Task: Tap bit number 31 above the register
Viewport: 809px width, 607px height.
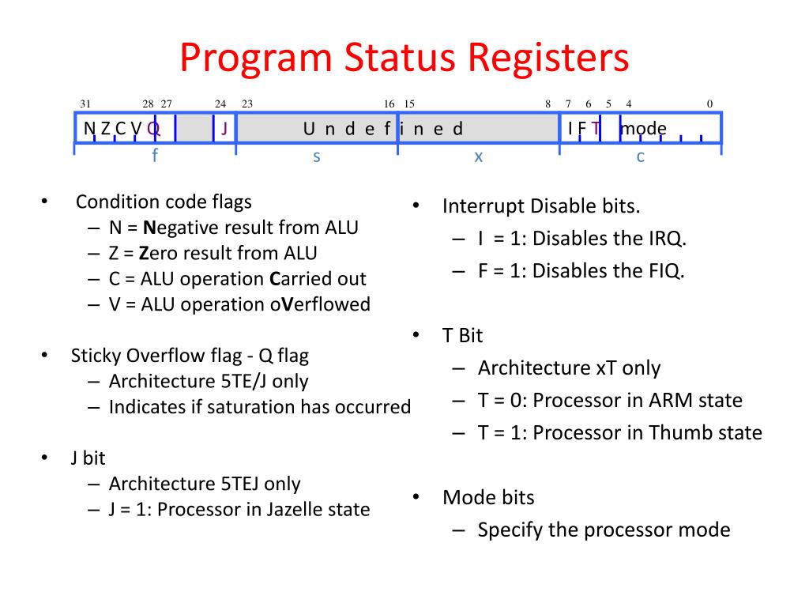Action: tap(85, 104)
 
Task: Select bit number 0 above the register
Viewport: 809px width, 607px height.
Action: tap(709, 104)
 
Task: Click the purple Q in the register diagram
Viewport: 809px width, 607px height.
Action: tap(153, 129)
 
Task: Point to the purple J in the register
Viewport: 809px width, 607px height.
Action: tap(224, 129)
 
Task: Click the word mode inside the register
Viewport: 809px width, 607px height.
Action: tap(643, 129)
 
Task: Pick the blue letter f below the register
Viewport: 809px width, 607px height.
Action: tap(155, 156)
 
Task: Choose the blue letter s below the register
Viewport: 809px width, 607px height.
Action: tap(316, 156)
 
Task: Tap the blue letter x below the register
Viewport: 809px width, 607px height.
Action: tap(478, 156)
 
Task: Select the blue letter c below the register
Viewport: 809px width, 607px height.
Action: tap(641, 156)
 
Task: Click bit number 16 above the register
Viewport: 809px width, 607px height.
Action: tap(389, 104)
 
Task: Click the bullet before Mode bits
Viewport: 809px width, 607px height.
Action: tap(416, 497)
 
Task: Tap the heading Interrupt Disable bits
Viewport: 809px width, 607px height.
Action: tap(541, 207)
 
